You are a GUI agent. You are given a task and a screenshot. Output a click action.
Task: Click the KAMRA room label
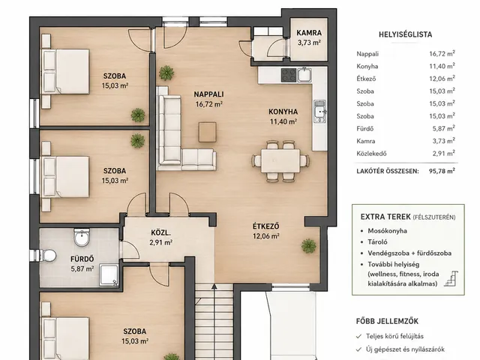[x=309, y=33]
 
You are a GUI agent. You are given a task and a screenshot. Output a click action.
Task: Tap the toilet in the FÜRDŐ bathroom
[x=48, y=255]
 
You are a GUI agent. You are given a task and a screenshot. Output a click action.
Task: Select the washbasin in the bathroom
[x=82, y=237]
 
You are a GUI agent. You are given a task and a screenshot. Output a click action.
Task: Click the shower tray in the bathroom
[x=109, y=275]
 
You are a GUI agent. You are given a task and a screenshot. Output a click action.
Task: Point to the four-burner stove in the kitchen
[x=289, y=75]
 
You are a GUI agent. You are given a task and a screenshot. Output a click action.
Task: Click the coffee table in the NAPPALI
[x=207, y=132]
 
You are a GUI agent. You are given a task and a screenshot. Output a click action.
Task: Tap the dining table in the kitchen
[x=280, y=161]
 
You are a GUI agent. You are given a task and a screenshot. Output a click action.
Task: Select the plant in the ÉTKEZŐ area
[x=308, y=245]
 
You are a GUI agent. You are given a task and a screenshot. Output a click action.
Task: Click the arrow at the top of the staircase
[x=214, y=286]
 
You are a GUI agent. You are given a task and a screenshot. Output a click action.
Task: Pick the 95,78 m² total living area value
[x=442, y=171]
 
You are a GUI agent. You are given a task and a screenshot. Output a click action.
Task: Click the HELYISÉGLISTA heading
[x=405, y=34]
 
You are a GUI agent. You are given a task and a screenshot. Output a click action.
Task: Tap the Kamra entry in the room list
[x=365, y=141]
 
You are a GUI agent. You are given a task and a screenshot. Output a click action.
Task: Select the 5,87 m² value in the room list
[x=443, y=128]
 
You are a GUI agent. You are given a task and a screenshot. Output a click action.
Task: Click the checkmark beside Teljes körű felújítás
[x=358, y=337]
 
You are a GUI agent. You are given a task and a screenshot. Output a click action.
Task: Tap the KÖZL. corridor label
[x=160, y=233]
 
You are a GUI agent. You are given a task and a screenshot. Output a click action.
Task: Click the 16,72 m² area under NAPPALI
[x=208, y=104]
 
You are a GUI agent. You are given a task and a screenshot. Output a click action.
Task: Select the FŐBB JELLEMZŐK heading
[x=387, y=321]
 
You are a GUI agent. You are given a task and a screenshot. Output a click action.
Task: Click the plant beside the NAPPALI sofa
[x=166, y=73]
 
